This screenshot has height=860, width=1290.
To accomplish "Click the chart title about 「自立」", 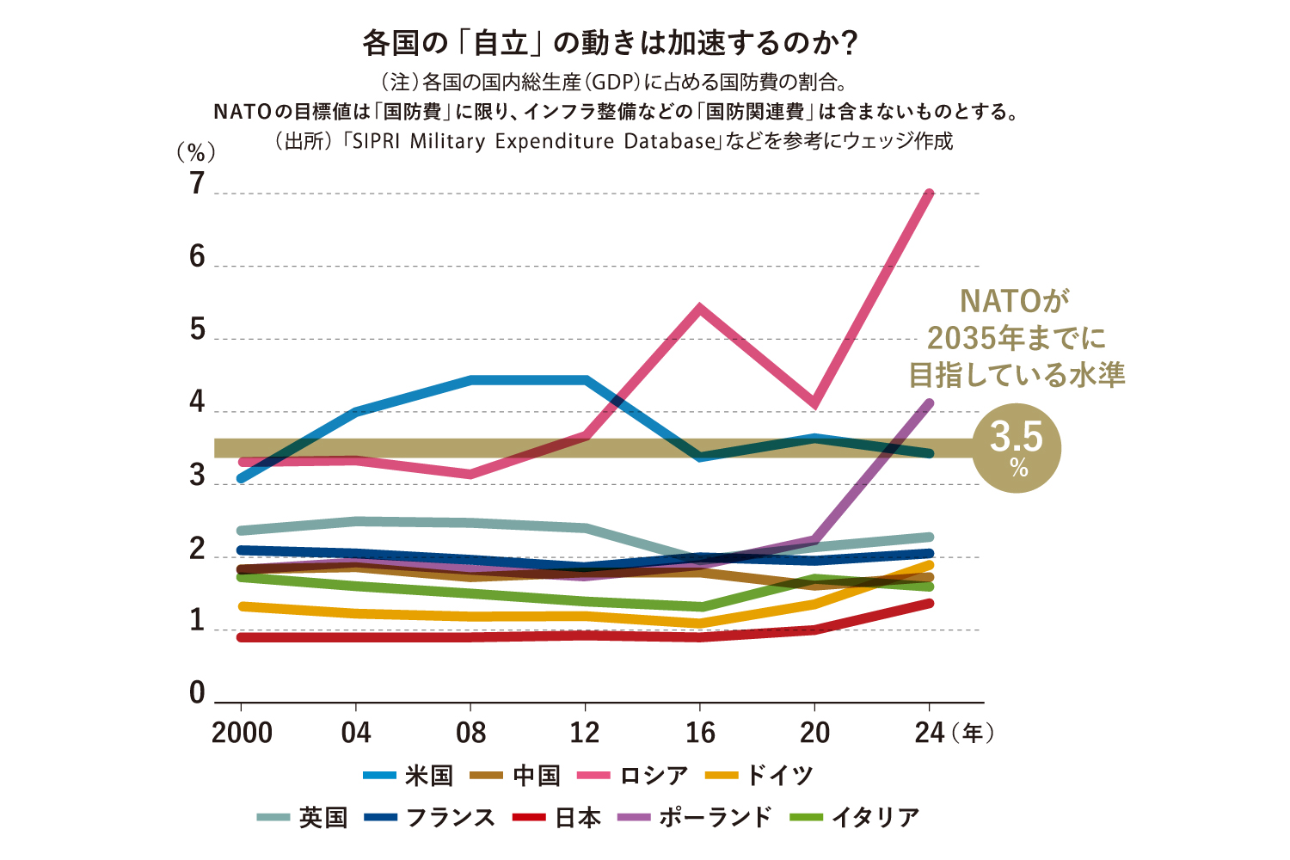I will click(x=611, y=43).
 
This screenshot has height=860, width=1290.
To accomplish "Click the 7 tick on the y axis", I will click(x=198, y=184).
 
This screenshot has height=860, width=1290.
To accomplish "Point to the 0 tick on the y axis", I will click(x=198, y=693).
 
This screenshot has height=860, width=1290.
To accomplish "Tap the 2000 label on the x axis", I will click(x=242, y=733).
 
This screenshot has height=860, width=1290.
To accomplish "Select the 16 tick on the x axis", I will click(x=700, y=733).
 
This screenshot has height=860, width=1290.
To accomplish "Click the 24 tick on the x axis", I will click(x=930, y=733).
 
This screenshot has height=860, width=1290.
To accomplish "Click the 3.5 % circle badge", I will click(x=1017, y=448).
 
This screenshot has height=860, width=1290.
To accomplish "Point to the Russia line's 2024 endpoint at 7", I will click(x=929, y=193).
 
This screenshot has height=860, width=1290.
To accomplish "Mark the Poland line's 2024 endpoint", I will click(x=929, y=403).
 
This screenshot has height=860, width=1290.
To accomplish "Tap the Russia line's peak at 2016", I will click(x=700, y=308).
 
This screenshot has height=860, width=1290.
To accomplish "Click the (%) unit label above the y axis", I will click(x=195, y=153).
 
